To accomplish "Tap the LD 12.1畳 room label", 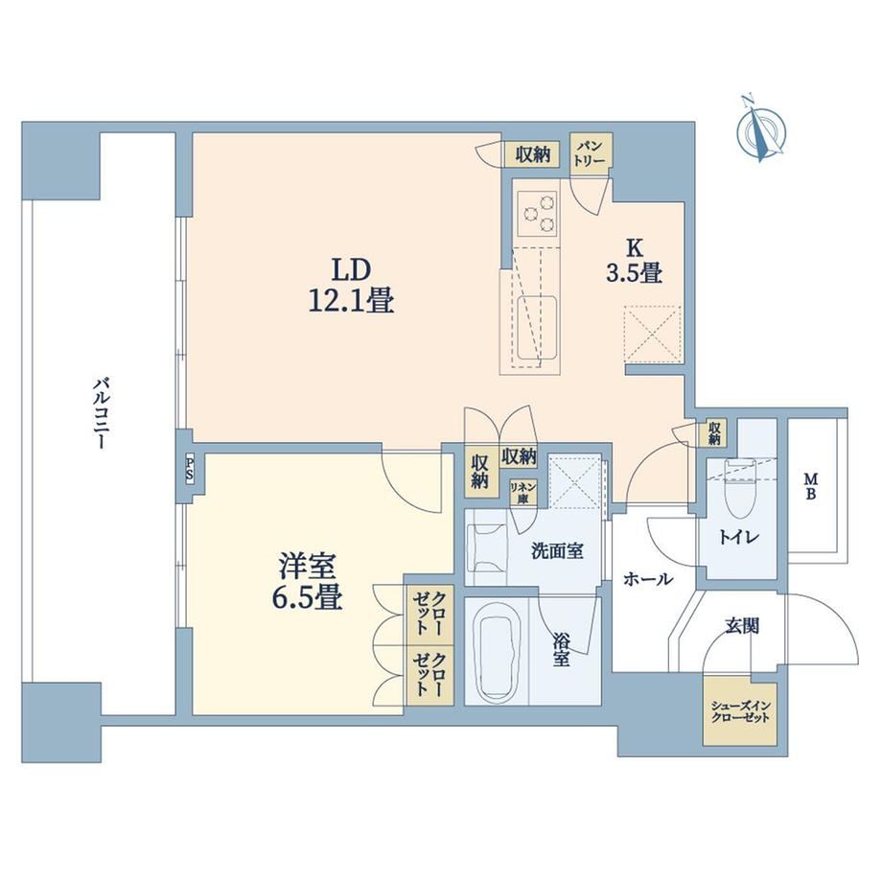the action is coord(351,286).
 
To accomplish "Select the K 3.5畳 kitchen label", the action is coord(634,261).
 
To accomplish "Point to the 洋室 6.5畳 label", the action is coord(309,582).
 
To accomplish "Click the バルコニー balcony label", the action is coord(102,413).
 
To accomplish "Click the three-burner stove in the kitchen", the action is coord(537,214).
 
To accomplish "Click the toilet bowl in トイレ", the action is coord(738,488).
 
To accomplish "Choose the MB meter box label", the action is coord(810,486).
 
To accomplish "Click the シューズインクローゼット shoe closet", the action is coord(740,713).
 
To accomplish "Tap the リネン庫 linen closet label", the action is coord(523,493).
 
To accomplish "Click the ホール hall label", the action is coord(647,578).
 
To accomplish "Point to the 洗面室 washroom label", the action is coord(557,550).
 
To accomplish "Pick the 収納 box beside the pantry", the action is coord(532,153).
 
